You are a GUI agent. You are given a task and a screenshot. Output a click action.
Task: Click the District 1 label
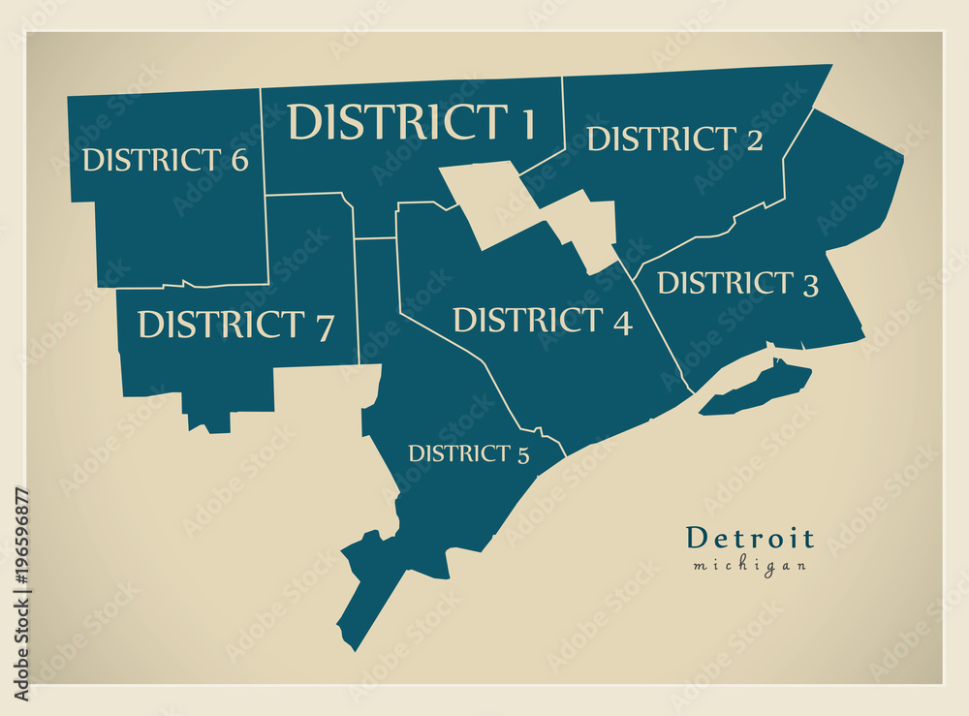coord(412,122)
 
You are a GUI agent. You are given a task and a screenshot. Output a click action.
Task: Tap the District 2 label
coord(674,140)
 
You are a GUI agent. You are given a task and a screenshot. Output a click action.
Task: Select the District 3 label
coord(737,283)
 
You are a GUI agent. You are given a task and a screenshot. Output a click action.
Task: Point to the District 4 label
coord(543,320)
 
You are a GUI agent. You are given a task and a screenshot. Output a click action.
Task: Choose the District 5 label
coord(469,453)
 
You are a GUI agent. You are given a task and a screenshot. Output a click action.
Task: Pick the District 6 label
coord(165,160)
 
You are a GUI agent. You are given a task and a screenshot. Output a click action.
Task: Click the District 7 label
coord(235,325)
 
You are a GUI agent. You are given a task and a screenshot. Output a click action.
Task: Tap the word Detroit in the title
coord(750,539)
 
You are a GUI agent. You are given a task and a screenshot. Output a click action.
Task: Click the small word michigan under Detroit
coord(749,566)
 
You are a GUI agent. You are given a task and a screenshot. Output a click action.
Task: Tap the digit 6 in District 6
coord(238,160)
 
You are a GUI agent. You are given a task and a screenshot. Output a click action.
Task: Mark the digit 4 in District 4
coord(621,322)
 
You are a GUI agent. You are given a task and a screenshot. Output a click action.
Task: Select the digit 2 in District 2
coord(753,140)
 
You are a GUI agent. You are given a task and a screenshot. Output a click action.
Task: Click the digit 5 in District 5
coord(523,454)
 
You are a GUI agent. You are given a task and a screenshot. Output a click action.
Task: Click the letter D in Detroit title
coord(696,539)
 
